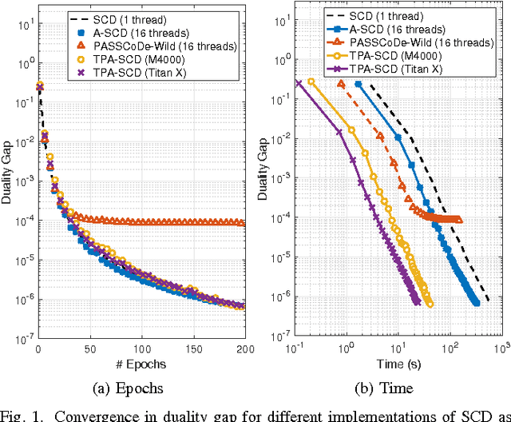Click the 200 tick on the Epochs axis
(x=244, y=349)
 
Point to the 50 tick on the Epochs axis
(x=89, y=349)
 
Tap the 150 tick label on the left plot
(x=193, y=349)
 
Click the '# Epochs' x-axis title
(x=141, y=364)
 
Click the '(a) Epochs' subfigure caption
(x=141, y=388)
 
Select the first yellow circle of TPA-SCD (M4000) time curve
(x=311, y=82)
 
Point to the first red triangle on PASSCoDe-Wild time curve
(x=342, y=83)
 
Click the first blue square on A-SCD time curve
(x=358, y=83)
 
